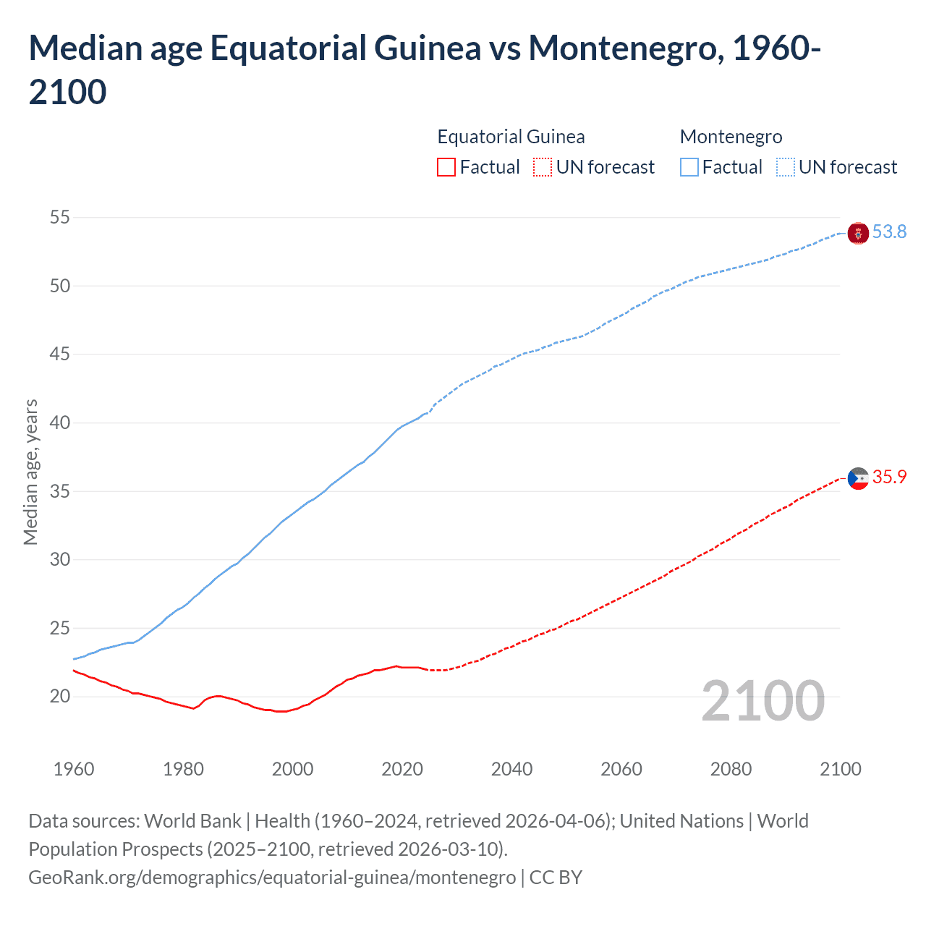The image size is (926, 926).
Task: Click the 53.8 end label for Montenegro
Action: pyautogui.click(x=889, y=231)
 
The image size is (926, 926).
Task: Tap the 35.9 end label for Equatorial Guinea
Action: pyautogui.click(x=889, y=477)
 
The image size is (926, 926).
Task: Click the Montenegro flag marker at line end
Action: pyautogui.click(x=858, y=233)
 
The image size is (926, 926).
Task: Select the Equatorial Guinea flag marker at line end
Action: pyautogui.click(x=858, y=478)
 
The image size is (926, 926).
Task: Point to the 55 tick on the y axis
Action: pyautogui.click(x=60, y=217)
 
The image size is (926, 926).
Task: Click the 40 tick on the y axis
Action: pyautogui.click(x=60, y=422)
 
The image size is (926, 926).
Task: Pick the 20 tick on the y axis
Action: pyautogui.click(x=60, y=697)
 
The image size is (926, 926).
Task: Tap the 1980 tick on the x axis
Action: pyautogui.click(x=183, y=769)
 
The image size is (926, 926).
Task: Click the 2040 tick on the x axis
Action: pyautogui.click(x=511, y=769)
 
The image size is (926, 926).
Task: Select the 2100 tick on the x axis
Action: pyautogui.click(x=840, y=769)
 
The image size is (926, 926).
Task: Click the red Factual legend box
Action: pyautogui.click(x=446, y=167)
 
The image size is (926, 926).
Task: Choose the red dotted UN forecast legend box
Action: pyautogui.click(x=543, y=167)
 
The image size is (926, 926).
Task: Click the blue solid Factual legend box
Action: pyautogui.click(x=689, y=167)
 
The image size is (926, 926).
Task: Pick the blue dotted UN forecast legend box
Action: pyautogui.click(x=785, y=167)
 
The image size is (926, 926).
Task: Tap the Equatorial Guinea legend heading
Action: pyautogui.click(x=511, y=137)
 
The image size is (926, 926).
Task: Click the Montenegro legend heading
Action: pyautogui.click(x=731, y=137)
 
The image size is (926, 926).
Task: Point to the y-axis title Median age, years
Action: pyautogui.click(x=30, y=472)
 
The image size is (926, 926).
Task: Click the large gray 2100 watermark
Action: pyautogui.click(x=763, y=701)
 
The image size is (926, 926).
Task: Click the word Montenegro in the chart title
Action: pyautogui.click(x=622, y=48)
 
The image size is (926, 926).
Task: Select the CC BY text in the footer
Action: pyautogui.click(x=556, y=878)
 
